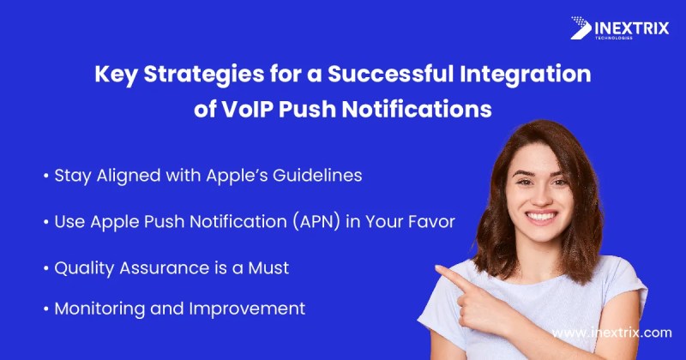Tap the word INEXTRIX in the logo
(632, 28)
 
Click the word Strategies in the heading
(204, 75)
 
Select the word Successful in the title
(391, 74)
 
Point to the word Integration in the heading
(525, 75)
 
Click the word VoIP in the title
(247, 109)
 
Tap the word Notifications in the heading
(417, 109)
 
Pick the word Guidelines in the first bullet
(317, 176)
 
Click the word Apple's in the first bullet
(237, 177)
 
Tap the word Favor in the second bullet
(432, 222)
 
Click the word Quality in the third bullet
(84, 268)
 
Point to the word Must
(268, 267)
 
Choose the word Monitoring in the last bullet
(99, 309)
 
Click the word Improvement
(247, 309)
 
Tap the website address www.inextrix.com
(611, 333)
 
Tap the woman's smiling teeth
(541, 216)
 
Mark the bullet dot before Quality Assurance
(46, 268)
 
